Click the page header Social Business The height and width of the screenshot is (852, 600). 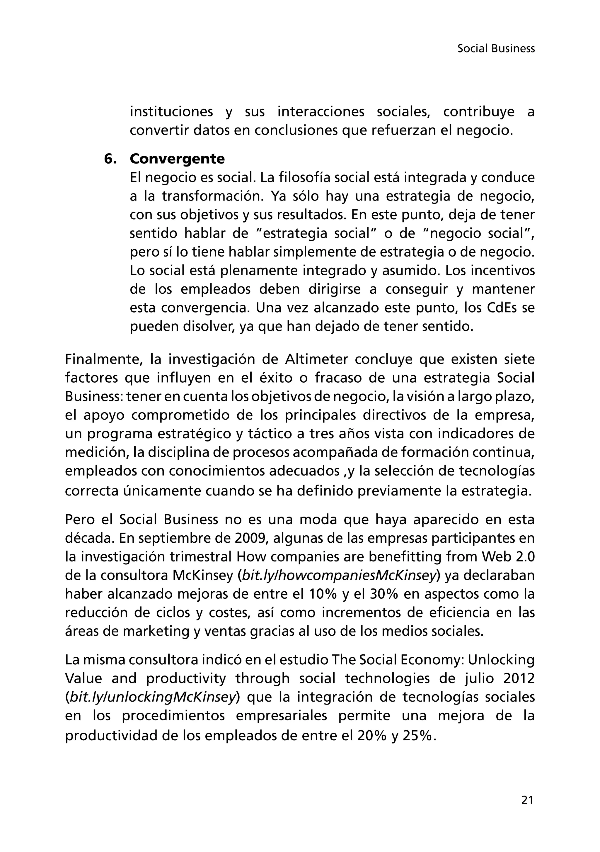[496, 49]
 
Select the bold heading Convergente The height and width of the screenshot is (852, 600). [177, 159]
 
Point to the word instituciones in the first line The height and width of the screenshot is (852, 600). [171, 112]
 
